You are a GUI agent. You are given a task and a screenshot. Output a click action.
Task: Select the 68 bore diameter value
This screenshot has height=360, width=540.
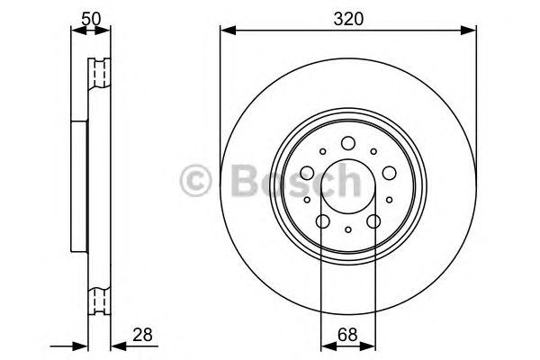(x=348, y=335)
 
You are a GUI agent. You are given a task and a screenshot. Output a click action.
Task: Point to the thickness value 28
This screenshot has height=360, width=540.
(x=142, y=335)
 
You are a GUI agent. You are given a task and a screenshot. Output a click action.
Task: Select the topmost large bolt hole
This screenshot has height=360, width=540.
(x=348, y=141)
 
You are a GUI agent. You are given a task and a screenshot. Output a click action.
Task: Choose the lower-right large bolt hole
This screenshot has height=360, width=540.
(x=373, y=221)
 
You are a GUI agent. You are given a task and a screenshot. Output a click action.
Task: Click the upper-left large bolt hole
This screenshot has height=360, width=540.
(x=308, y=172)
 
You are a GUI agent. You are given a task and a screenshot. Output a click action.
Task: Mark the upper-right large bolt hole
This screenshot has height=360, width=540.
(x=389, y=172)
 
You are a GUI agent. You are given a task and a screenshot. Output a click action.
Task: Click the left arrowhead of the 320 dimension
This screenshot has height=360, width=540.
(x=226, y=31)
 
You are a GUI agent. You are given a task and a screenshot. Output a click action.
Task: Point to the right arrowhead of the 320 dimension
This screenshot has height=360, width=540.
(x=471, y=31)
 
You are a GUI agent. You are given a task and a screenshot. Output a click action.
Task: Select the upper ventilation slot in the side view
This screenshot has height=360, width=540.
(x=98, y=73)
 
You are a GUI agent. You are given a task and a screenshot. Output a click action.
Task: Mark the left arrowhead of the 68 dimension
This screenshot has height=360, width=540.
(x=325, y=346)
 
